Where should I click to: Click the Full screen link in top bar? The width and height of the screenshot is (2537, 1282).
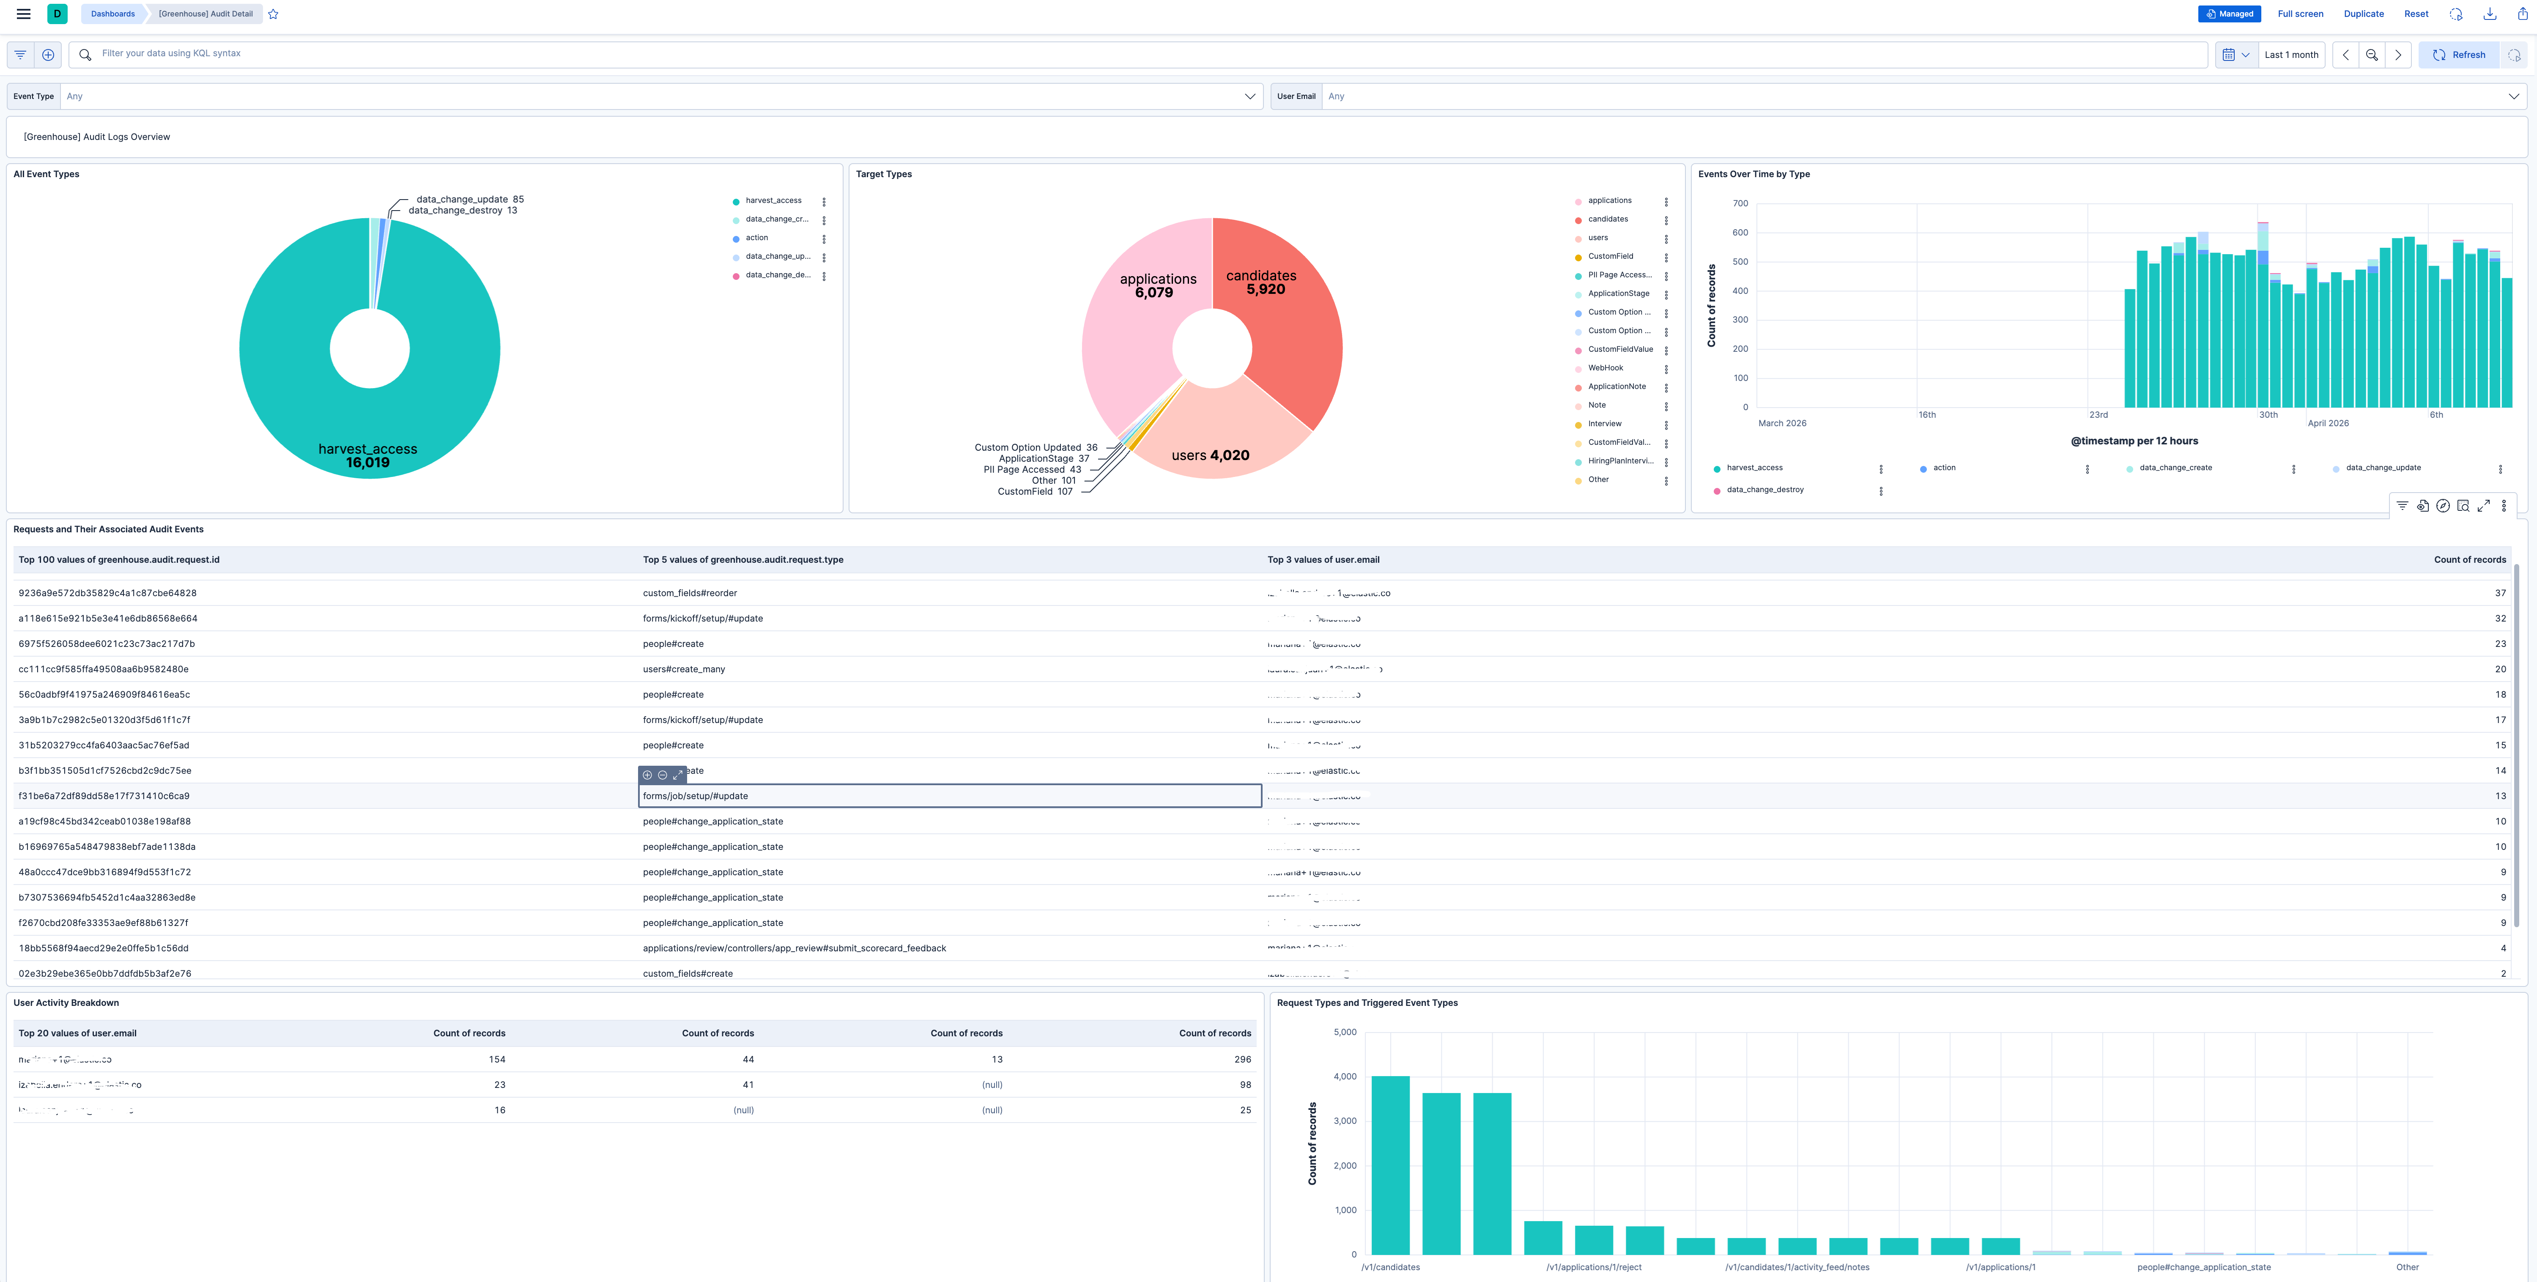point(2300,14)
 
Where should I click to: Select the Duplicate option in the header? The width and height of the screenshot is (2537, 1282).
point(2363,14)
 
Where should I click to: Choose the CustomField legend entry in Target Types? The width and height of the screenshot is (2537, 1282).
point(1610,256)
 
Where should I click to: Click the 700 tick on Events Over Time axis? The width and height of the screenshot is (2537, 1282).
point(1740,204)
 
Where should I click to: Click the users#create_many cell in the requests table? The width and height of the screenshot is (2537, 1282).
point(683,670)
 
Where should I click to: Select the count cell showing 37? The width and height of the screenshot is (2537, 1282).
point(2499,593)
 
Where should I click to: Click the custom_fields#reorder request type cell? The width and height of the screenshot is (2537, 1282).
point(689,593)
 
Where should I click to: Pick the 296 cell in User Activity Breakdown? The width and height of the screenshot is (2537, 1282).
point(1242,1060)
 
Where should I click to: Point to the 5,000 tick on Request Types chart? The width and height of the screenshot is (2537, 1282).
point(1344,1032)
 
